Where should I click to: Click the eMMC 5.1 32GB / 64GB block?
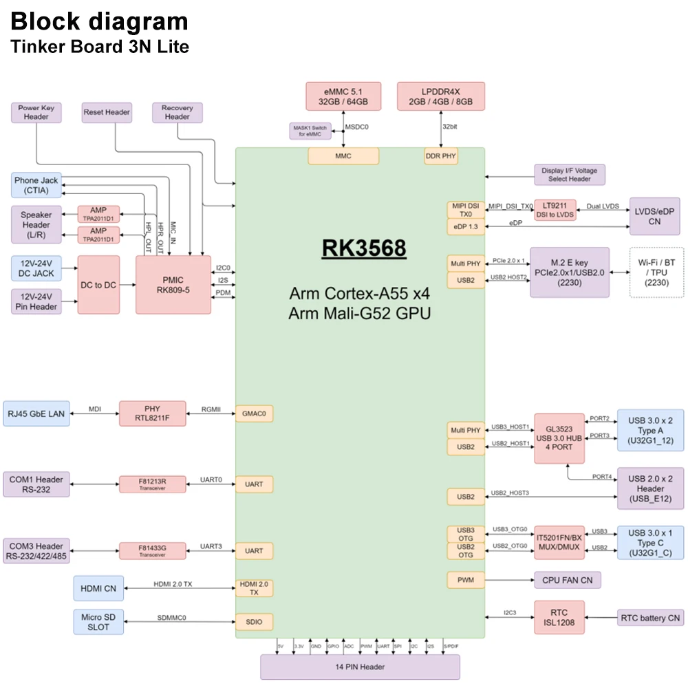click(343, 96)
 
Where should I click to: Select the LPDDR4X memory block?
click(440, 96)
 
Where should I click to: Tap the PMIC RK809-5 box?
click(173, 285)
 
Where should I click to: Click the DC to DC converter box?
click(98, 285)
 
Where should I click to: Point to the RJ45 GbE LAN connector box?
click(36, 413)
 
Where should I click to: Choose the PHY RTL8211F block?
click(153, 413)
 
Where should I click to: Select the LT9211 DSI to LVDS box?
click(555, 211)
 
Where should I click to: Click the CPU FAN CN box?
click(567, 580)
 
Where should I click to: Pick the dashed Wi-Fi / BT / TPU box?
click(656, 272)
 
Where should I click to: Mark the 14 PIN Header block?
click(359, 667)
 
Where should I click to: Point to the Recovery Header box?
click(178, 113)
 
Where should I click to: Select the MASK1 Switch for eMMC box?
click(310, 131)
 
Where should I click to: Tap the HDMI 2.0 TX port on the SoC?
click(254, 588)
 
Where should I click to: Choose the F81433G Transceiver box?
click(153, 550)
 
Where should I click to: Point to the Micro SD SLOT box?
click(98, 621)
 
